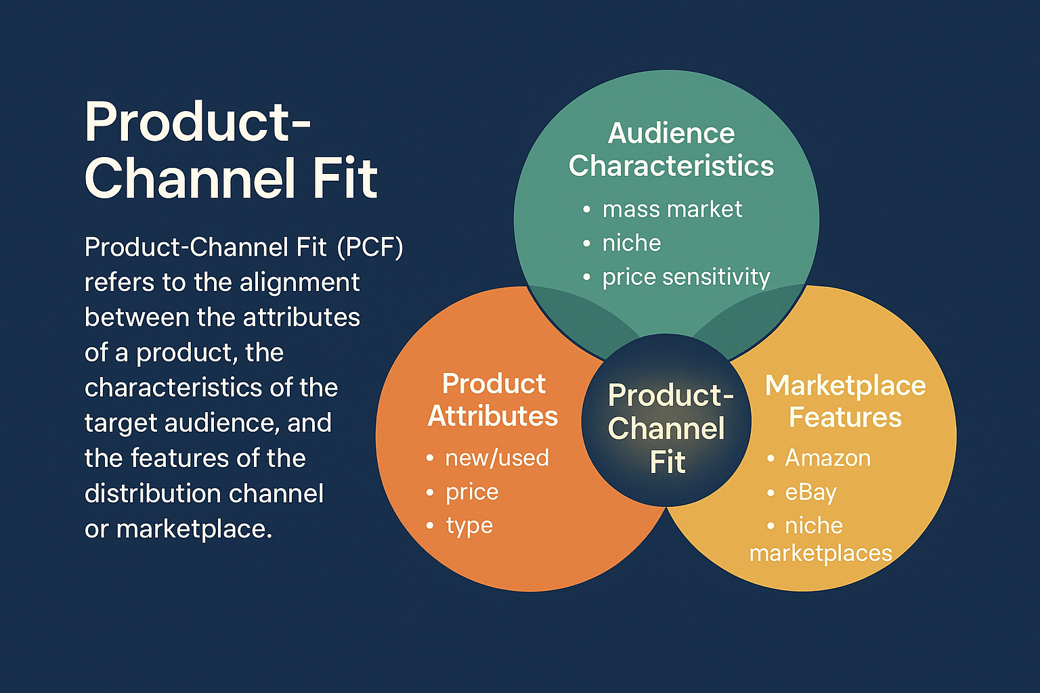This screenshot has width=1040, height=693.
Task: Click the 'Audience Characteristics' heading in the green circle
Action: tap(671, 150)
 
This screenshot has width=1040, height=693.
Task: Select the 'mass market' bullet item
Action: tap(672, 209)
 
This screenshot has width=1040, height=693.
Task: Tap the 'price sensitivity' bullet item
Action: tap(686, 277)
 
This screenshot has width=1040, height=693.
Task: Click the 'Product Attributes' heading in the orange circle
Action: tap(493, 400)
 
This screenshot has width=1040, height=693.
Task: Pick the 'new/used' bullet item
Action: tap(496, 458)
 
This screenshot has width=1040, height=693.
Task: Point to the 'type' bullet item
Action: tap(469, 526)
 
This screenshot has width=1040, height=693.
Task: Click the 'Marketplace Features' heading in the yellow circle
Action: tap(845, 401)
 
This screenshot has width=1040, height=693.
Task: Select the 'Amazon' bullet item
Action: tap(827, 458)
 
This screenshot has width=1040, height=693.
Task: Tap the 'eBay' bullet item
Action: tap(810, 492)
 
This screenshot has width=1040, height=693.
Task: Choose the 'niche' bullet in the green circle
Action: tap(631, 243)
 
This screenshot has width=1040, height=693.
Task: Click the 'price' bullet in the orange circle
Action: tap(471, 492)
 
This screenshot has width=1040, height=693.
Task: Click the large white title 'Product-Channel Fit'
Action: tap(230, 150)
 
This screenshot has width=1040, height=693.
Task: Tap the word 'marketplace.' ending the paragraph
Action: tap(194, 529)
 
